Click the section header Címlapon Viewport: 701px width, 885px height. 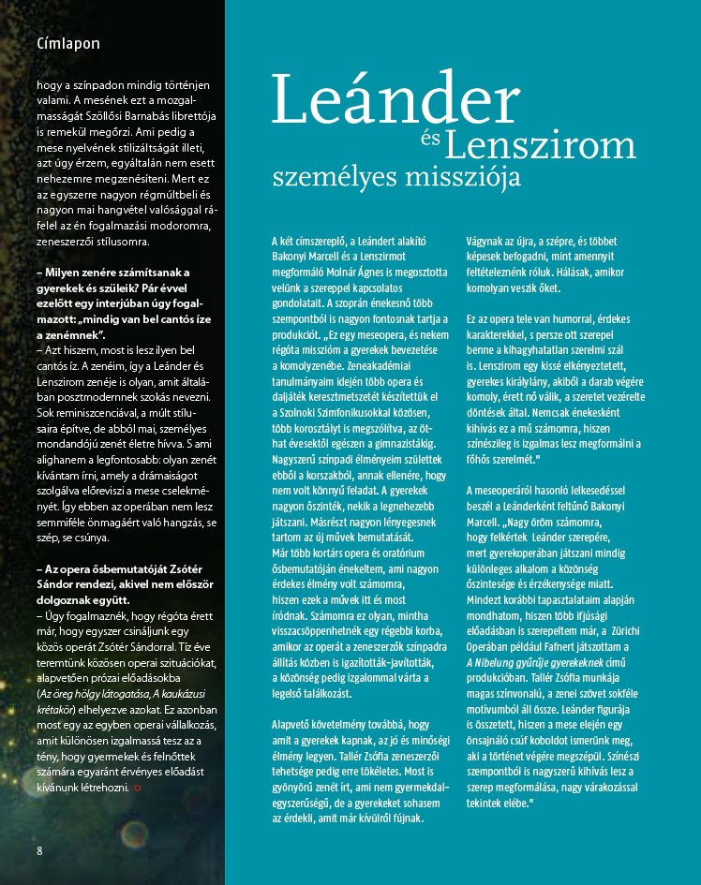coord(68,43)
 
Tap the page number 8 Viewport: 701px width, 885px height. coord(40,850)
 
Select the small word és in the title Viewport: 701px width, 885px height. coord(430,140)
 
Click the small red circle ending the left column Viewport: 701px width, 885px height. coord(139,789)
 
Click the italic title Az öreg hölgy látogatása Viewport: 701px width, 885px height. coord(99,694)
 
